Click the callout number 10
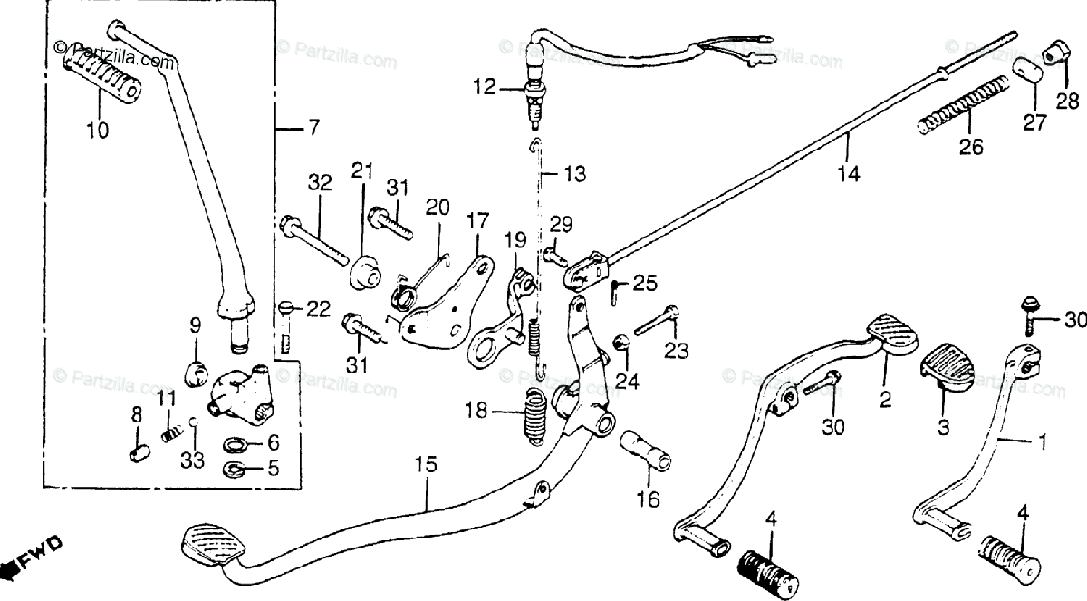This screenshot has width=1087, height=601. tap(98, 131)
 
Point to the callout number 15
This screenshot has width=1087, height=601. tap(426, 465)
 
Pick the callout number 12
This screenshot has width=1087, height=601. tap(485, 88)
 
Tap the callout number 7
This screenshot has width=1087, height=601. tap(313, 128)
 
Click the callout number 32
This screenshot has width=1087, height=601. tap(319, 184)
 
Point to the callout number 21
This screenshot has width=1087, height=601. tap(362, 171)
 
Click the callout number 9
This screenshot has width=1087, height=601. tap(194, 325)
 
